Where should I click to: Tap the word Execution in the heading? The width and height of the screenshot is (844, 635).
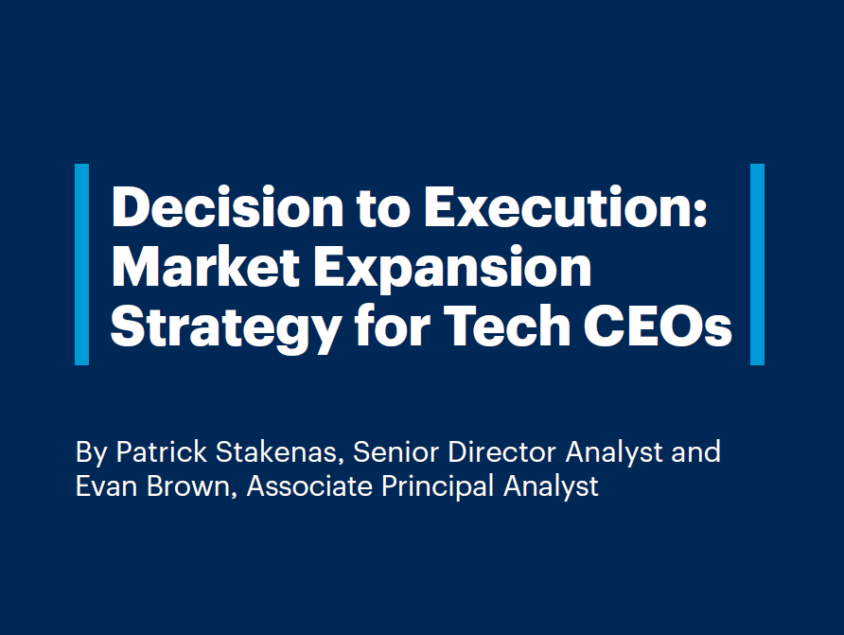pos(565,206)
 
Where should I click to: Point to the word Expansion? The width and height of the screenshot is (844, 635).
pos(463,269)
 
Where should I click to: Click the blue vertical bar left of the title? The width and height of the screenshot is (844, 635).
pos(81,264)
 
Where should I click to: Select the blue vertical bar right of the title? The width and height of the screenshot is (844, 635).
pos(757,264)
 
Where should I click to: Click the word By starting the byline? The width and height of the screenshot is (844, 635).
pos(91,452)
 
